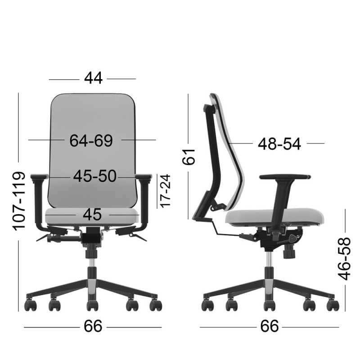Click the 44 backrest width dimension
pos(93,78)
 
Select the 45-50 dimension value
pos(94,176)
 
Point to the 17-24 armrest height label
pos(165,190)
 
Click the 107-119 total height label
pos(18,201)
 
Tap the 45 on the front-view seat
pos(92,215)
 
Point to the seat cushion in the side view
pos(274,218)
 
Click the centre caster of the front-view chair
pos(92,305)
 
